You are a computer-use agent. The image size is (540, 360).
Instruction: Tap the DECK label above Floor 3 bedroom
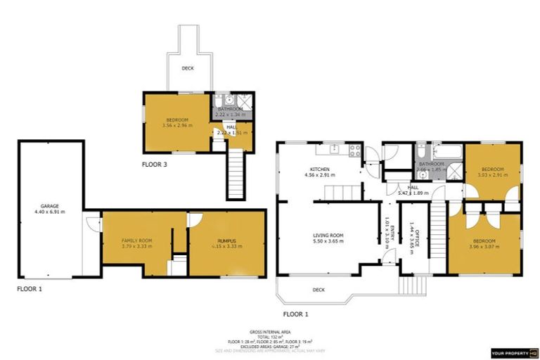coord(188,68)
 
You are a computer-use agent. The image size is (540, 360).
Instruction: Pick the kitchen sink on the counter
coord(335,148)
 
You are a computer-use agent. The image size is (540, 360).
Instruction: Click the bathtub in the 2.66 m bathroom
coord(444,150)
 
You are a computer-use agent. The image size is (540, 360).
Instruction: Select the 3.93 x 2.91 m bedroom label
coord(493,172)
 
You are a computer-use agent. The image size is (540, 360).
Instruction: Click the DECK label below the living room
coord(319,289)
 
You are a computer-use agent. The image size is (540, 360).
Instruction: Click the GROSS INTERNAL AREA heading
coord(269,331)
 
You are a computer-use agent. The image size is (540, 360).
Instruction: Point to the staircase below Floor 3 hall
coord(235,176)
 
